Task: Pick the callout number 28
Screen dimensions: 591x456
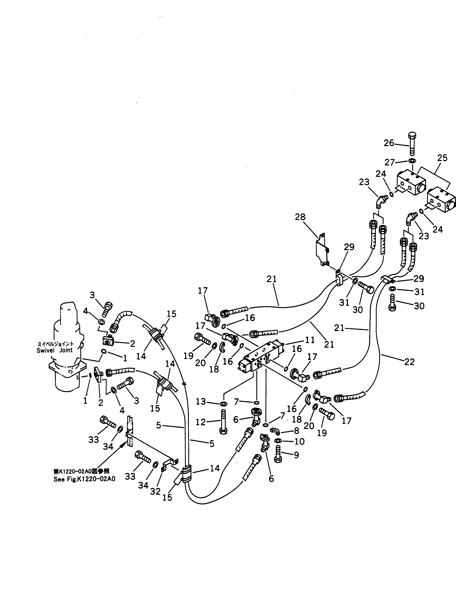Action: click(300, 217)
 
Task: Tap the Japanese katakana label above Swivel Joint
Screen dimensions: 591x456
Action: click(55, 344)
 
